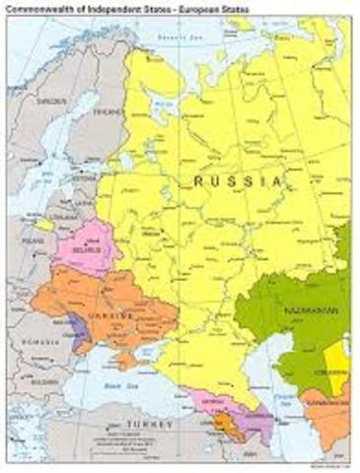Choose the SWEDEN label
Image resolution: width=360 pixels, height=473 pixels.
click(x=27, y=101)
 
